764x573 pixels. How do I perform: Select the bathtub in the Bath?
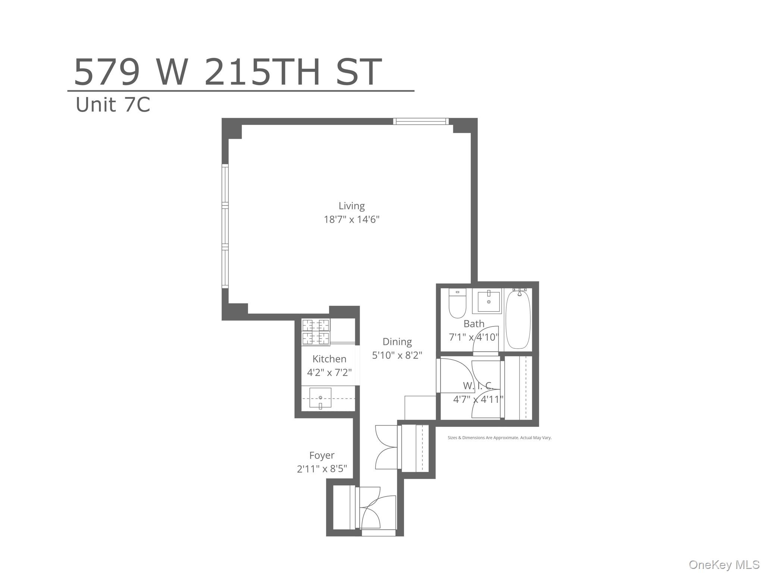click(x=518, y=319)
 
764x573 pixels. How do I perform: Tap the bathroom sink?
click(x=488, y=301)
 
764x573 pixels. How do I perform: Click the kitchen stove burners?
click(x=316, y=332)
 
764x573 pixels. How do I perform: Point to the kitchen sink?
click(x=320, y=398)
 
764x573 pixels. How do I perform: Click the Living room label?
click(x=351, y=206)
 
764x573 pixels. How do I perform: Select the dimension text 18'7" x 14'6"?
click(x=351, y=219)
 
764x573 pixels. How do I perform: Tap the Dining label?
click(x=397, y=342)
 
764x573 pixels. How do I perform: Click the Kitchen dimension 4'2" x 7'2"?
click(x=329, y=372)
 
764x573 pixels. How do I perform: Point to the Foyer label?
click(x=322, y=455)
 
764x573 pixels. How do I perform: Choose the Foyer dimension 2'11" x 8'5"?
click(x=322, y=469)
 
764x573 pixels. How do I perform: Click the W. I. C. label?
click(x=478, y=385)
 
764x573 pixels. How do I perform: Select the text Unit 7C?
click(x=113, y=105)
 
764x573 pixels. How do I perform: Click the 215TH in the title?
click(x=262, y=72)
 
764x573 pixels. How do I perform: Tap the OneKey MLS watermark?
click(x=724, y=565)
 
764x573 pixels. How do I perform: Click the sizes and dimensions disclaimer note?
click(x=499, y=438)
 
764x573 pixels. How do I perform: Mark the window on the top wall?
click(x=421, y=121)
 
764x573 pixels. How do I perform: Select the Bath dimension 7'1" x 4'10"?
click(x=473, y=337)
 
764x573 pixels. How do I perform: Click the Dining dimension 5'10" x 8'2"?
click(x=397, y=355)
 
